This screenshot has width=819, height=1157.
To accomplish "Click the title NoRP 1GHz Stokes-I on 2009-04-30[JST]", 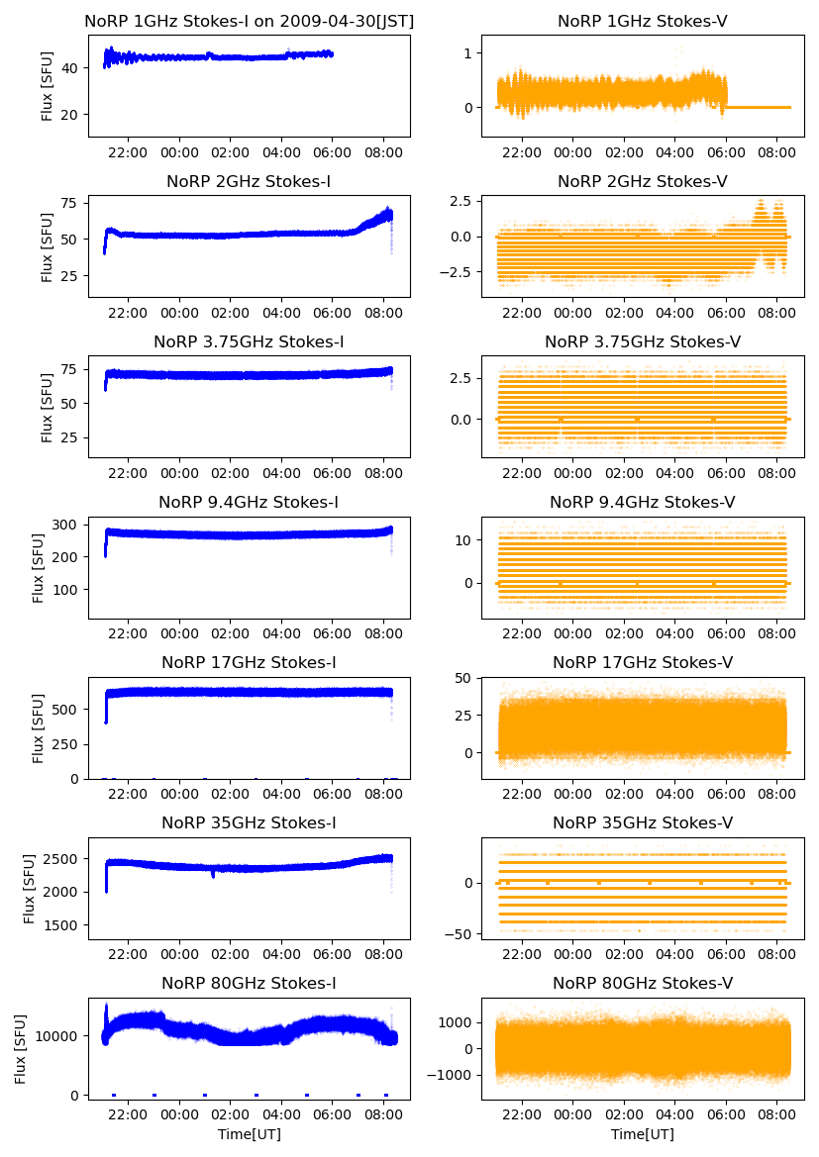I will coord(249,21).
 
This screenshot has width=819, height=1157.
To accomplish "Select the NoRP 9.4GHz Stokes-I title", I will coord(249,502).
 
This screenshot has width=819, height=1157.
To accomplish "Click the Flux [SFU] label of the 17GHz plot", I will coord(39,727).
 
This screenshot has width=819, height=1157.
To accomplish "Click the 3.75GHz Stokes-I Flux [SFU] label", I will coord(47,407).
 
